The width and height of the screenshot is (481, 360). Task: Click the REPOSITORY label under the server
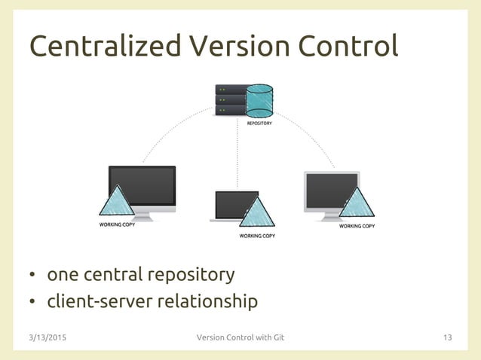pyautogui.click(x=259, y=123)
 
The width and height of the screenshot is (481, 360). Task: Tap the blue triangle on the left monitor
pyautogui.click(x=117, y=202)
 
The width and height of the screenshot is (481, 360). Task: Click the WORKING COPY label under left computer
pyautogui.click(x=118, y=225)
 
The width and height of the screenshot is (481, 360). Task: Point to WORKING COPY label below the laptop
pyautogui.click(x=257, y=236)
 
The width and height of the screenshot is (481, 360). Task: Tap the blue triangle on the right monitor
pyautogui.click(x=356, y=203)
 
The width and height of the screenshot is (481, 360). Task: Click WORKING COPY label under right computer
pyautogui.click(x=357, y=225)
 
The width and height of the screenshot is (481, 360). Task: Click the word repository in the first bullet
pyautogui.click(x=191, y=274)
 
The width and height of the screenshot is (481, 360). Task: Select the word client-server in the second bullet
pyautogui.click(x=96, y=302)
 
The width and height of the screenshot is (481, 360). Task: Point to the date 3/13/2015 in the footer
pyautogui.click(x=47, y=337)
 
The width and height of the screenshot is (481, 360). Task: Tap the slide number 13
pyautogui.click(x=447, y=337)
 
